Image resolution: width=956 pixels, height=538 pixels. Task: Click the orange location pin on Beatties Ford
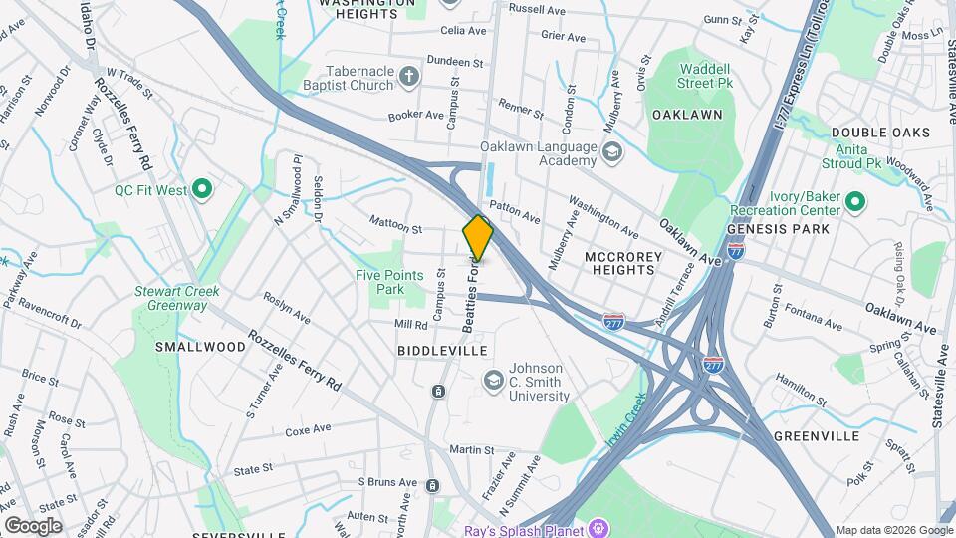pyautogui.click(x=478, y=238)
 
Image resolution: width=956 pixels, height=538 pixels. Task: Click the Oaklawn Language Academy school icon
pyautogui.click(x=610, y=152)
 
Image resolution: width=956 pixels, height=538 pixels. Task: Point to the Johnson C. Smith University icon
pyautogui.click(x=492, y=380)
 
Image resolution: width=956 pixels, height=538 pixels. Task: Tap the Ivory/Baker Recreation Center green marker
pyautogui.click(x=854, y=203)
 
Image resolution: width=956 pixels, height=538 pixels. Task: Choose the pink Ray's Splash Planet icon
pyautogui.click(x=598, y=526)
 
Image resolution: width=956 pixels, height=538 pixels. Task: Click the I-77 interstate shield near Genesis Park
pyautogui.click(x=735, y=252)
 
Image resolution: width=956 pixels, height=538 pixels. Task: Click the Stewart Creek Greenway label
pyautogui.click(x=177, y=298)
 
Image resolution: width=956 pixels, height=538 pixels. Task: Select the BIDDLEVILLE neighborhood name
pyautogui.click(x=442, y=351)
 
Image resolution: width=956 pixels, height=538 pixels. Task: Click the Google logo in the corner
pyautogui.click(x=33, y=526)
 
